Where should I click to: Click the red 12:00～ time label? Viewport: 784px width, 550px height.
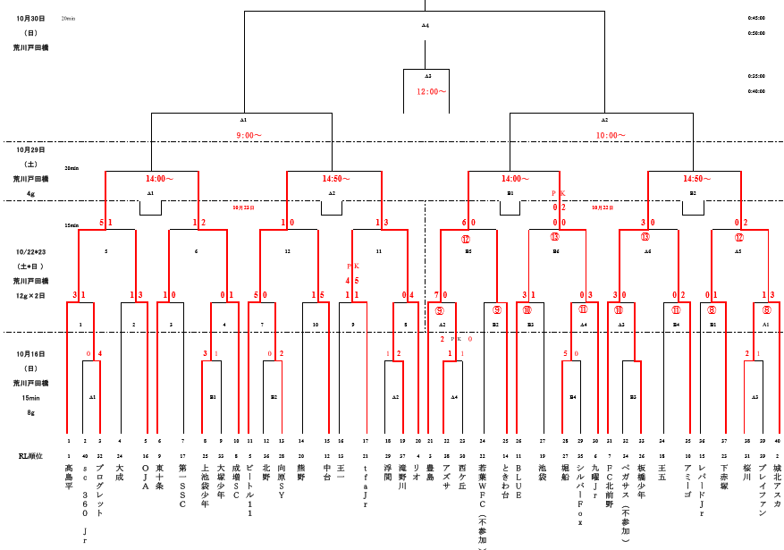[x=431, y=91]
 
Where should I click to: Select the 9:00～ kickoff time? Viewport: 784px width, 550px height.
[x=249, y=135]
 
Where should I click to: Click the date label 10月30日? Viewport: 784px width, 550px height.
[x=30, y=18]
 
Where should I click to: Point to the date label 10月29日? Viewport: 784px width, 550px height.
[x=30, y=149]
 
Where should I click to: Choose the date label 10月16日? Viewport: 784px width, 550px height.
[x=30, y=354]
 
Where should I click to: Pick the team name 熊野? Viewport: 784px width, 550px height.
[x=300, y=470]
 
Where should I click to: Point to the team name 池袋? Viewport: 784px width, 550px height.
[x=542, y=470]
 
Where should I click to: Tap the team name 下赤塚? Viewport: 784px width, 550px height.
[x=723, y=475]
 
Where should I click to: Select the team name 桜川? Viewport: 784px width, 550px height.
[x=746, y=470]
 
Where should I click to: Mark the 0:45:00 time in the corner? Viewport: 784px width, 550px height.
[x=755, y=18]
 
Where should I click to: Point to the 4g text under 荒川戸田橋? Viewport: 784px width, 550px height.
[x=30, y=193]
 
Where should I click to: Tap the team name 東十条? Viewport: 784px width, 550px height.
[x=159, y=475]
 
